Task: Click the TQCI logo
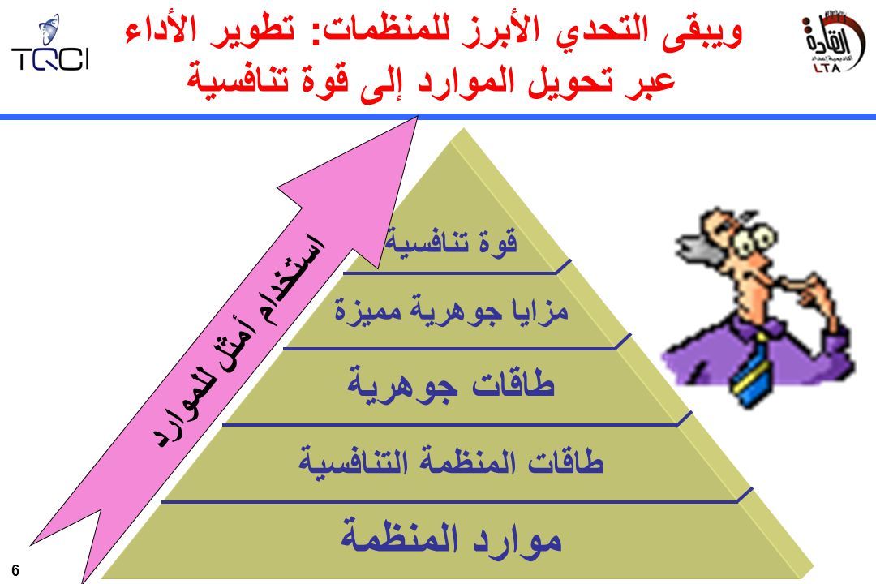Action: point(50,44)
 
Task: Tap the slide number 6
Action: point(15,570)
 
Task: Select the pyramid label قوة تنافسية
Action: point(452,243)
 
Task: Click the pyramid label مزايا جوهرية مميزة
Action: point(452,310)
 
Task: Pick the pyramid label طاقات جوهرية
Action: point(452,384)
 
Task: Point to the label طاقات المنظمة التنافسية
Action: point(452,462)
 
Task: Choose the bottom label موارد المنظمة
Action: point(452,539)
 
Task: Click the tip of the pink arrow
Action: point(418,116)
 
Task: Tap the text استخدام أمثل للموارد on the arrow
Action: point(238,340)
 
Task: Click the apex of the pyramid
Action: point(462,128)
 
